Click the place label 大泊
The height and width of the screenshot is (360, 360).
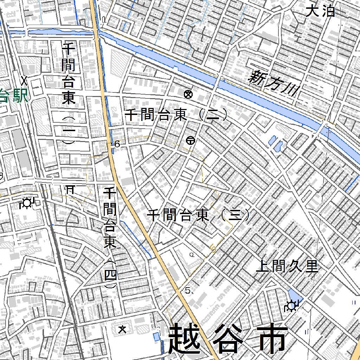pyautogui.click(x=320, y=11)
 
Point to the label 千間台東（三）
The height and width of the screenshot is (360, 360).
pyautogui.click(x=199, y=215)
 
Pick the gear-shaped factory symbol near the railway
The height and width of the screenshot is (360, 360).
pyautogui.click(x=27, y=203)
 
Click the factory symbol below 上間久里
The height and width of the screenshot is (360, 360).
pyautogui.click(x=291, y=307)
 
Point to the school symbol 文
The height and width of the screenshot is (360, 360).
pyautogui.click(x=122, y=329)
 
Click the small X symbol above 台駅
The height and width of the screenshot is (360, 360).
pyautogui.click(x=24, y=81)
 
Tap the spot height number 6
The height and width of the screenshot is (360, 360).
pyautogui.click(x=117, y=144)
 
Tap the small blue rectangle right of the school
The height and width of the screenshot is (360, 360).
pyautogui.click(x=156, y=336)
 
